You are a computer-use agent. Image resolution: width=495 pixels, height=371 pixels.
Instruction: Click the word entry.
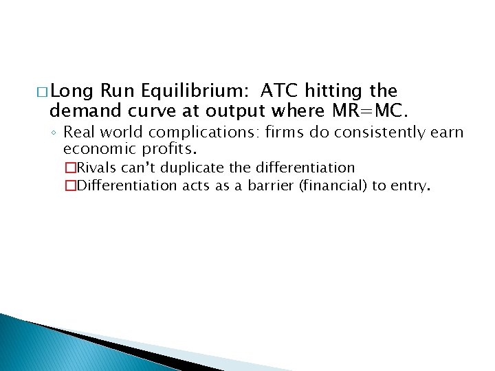tap(410, 185)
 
